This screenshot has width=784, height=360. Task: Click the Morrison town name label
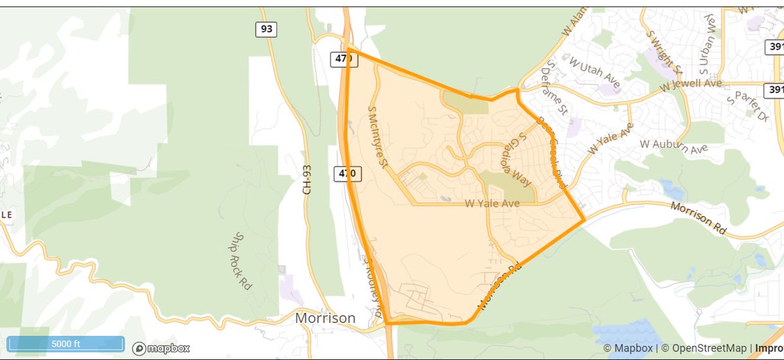click(325, 318)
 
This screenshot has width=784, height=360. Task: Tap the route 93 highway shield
click(266, 29)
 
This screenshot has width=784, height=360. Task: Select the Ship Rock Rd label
click(242, 261)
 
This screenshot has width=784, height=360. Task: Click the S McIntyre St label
click(378, 137)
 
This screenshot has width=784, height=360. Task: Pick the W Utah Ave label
click(594, 70)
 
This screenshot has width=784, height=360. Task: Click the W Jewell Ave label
click(691, 84)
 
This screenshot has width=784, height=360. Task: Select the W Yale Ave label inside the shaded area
click(492, 204)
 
